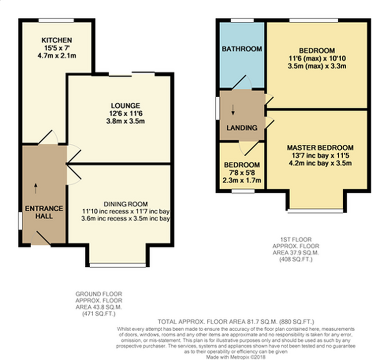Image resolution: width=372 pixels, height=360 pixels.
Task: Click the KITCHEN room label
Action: coord(57,40)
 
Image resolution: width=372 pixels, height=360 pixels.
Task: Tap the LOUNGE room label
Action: coord(125,106)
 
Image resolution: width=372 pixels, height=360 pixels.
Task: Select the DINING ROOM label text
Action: coord(126,204)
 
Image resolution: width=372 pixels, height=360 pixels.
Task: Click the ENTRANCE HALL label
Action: coord(44,212)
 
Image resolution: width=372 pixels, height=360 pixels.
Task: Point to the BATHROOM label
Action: coord(242,49)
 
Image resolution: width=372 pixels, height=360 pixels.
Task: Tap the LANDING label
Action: coord(242,128)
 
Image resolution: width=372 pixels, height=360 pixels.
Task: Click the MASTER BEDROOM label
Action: coord(320,148)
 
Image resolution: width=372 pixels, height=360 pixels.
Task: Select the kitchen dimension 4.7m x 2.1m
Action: coord(57,56)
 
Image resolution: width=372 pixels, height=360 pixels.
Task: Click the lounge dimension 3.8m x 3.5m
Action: coord(125,121)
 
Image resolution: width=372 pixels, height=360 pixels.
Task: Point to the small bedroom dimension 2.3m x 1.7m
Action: coord(242,180)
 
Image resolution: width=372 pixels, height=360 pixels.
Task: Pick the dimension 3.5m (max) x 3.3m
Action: coord(317,66)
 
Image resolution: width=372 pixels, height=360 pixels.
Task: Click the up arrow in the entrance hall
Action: coord(36,188)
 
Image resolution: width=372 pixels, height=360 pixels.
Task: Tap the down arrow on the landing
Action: coord(233,110)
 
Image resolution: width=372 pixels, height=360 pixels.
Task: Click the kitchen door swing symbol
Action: coord(48,137)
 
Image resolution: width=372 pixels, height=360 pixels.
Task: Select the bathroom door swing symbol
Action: coord(242,82)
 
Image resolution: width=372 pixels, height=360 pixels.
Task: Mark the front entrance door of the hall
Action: coord(41,238)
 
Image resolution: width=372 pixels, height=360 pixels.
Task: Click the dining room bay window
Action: coord(118,265)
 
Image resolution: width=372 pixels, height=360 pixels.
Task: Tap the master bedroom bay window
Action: coord(315,211)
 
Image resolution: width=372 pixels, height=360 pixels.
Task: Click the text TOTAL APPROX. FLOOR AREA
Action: coord(201,322)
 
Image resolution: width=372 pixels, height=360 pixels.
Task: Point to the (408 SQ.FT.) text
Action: coord(296,259)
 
